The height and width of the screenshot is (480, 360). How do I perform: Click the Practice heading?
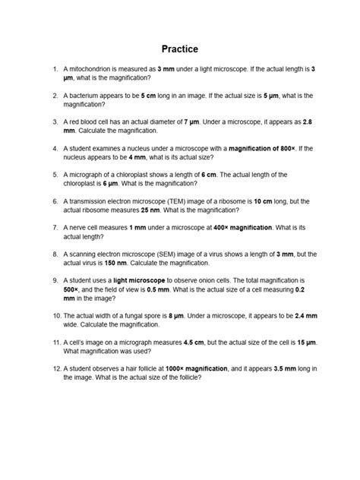180,48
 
